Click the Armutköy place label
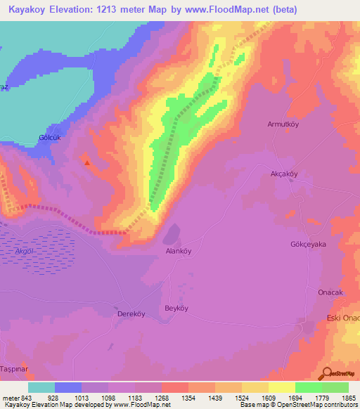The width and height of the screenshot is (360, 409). click(283, 124)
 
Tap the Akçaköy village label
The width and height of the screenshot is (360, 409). click(285, 174)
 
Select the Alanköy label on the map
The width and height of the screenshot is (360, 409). click(178, 251)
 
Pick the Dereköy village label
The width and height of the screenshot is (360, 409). click(130, 313)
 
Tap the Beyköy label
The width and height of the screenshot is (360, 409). click(176, 309)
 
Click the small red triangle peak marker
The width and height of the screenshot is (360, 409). click(87, 163)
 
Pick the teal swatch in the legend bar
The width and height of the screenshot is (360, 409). click(41, 387)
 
